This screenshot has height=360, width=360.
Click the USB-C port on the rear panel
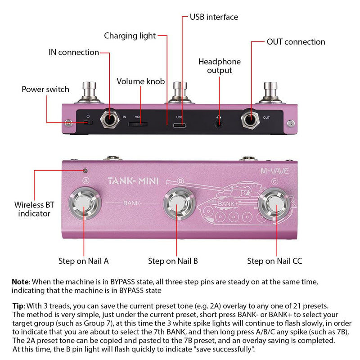(180, 126)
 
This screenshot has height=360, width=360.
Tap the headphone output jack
(219, 124)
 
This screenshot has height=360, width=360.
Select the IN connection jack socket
(110, 119)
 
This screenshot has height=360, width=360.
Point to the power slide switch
(88, 122)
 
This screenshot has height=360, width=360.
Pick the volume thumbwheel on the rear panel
(138, 124)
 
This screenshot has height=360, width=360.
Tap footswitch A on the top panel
(85, 203)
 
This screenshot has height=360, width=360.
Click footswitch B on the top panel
(179, 204)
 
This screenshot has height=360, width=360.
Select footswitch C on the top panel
(274, 204)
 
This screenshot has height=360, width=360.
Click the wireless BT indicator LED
(85, 171)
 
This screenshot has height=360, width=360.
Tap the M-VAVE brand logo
(274, 171)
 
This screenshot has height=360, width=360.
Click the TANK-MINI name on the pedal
(133, 181)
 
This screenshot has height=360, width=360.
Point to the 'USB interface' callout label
(214, 17)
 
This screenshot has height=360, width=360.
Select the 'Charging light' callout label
(130, 36)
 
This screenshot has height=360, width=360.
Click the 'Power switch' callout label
(45, 89)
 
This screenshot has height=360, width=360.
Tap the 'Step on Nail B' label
(173, 261)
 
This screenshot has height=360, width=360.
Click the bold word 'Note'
(21, 282)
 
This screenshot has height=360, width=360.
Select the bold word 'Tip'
(18, 306)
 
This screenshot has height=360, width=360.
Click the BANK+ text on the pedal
(228, 204)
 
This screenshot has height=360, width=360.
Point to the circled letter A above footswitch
(86, 181)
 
